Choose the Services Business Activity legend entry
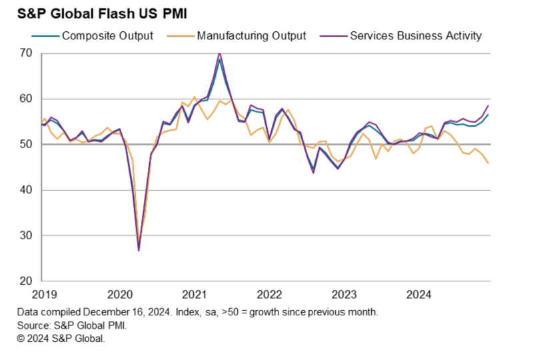pyautogui.click(x=415, y=36)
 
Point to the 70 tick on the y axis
pyautogui.click(x=27, y=53)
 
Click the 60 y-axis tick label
pyautogui.click(x=27, y=99)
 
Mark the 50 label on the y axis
pyautogui.click(x=27, y=144)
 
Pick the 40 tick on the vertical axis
pyautogui.click(x=27, y=190)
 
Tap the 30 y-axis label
pyautogui.click(x=27, y=235)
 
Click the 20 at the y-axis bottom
pyautogui.click(x=27, y=281)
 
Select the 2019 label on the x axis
pyautogui.click(x=45, y=294)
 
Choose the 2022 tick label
pyautogui.click(x=269, y=294)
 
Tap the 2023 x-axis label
pyautogui.click(x=344, y=294)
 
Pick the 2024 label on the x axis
pyautogui.click(x=418, y=294)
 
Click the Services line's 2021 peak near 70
pyautogui.click(x=220, y=53)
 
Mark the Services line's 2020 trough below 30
pyautogui.click(x=139, y=250)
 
